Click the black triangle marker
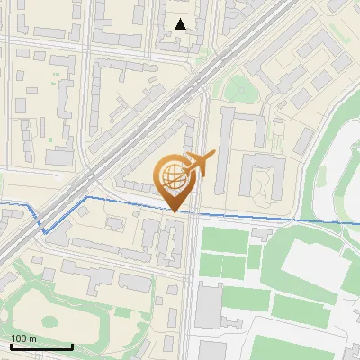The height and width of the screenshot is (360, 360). coord(181,24)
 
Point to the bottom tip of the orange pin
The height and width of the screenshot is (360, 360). coord(175,212)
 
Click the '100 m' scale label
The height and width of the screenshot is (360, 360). coord(24,338)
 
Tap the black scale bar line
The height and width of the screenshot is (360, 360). coord(40,347)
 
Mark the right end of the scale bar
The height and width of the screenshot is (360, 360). coord(72,347)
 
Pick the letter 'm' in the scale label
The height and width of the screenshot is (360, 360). coord(33,338)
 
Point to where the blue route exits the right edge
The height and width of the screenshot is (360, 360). coord(358,221)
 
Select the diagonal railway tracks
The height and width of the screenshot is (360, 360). coord(135,135)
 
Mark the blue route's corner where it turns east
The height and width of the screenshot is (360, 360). coord(85,196)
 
